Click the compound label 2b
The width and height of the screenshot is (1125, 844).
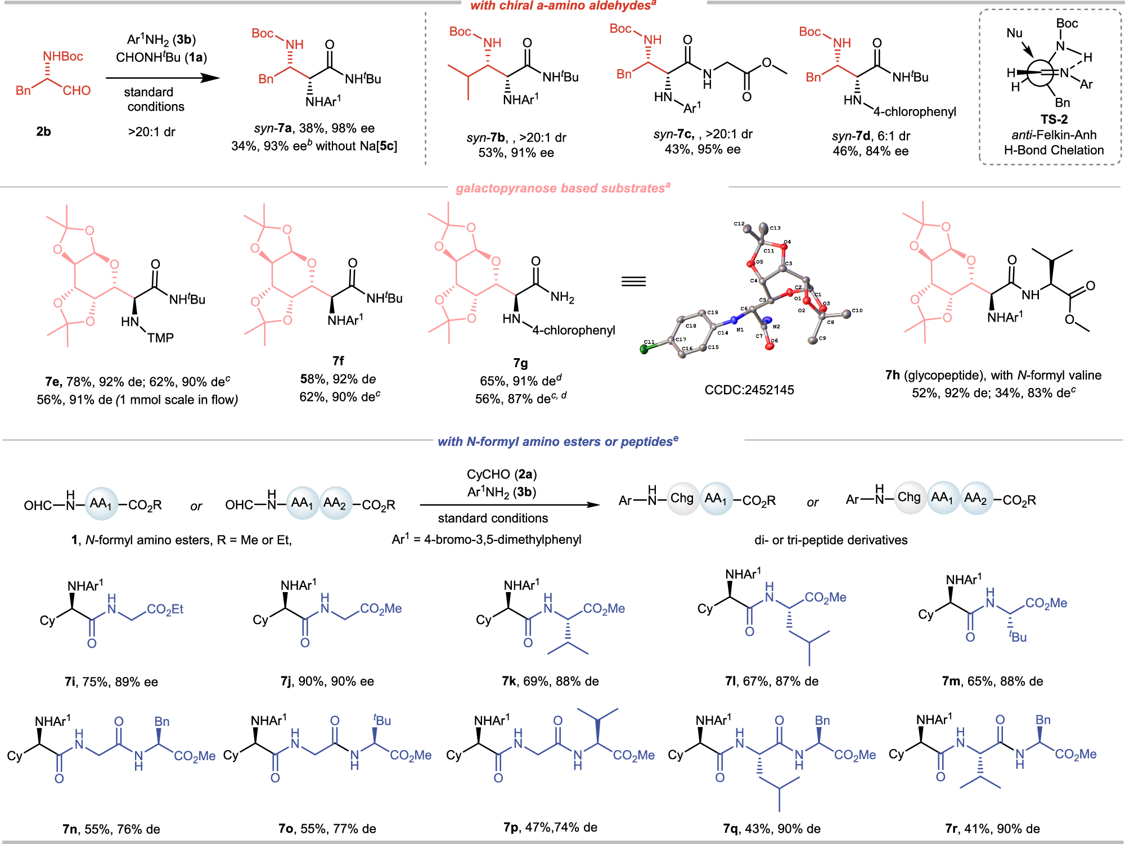pyautogui.click(x=43, y=132)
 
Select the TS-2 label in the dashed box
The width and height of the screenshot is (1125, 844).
pyautogui.click(x=1054, y=119)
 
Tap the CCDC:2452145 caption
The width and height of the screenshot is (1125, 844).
pyautogui.click(x=749, y=390)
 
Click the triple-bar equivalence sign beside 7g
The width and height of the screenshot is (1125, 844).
pyautogui.click(x=633, y=281)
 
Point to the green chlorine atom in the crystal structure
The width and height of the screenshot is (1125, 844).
pyautogui.click(x=645, y=349)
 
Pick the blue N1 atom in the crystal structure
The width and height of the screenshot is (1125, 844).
pyautogui.click(x=733, y=321)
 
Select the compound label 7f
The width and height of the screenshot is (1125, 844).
pyautogui.click(x=337, y=360)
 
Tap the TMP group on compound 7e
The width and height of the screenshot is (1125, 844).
pyautogui.click(x=160, y=338)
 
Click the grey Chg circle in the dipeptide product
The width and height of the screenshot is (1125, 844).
pyautogui.click(x=682, y=498)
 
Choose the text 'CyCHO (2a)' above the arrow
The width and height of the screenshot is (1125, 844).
pyautogui.click(x=501, y=475)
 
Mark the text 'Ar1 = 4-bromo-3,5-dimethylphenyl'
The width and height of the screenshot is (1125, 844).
pyautogui.click(x=487, y=540)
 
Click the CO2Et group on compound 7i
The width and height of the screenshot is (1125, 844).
pyautogui.click(x=165, y=610)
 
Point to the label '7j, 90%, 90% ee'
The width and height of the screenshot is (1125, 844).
pyautogui.click(x=327, y=681)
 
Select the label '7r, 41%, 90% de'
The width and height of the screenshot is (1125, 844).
pyautogui.click(x=992, y=828)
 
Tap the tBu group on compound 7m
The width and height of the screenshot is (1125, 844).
pyautogui.click(x=1018, y=637)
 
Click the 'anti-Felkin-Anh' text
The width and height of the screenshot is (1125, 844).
pyautogui.click(x=1054, y=135)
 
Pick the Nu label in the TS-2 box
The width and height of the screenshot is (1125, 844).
pyautogui.click(x=1014, y=33)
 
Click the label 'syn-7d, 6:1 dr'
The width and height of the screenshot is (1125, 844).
pyautogui.click(x=871, y=136)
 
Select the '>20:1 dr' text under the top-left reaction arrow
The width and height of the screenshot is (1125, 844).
pyautogui.click(x=151, y=132)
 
